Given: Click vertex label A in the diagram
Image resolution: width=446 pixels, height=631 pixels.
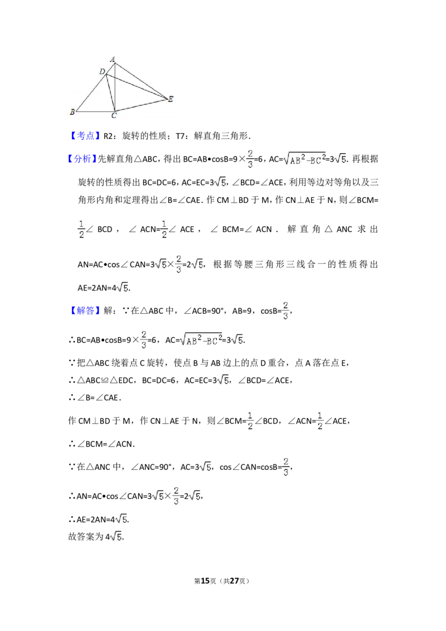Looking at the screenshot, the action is pos(113,59).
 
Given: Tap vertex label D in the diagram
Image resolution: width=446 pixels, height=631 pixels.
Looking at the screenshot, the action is pos(102,71).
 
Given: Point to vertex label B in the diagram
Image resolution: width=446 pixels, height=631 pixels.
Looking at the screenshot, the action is pos(72,112).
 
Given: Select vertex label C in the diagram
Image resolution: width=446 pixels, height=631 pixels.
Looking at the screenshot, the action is pos(114,116).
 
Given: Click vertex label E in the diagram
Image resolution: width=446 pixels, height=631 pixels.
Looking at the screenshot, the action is pos(171,99).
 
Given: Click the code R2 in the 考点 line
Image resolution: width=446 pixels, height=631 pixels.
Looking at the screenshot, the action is pos(108,136).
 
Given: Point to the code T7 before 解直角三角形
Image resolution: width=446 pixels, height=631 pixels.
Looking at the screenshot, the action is pos(181,136).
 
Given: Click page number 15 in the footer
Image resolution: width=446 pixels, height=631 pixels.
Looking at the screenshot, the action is pos(205,581).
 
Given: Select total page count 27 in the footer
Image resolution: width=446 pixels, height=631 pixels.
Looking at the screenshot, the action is pos(234,581).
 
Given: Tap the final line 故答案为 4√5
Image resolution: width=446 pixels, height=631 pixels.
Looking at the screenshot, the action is pos(96,536).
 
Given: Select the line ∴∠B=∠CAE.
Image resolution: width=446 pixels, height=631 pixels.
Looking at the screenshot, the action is pos(95,397).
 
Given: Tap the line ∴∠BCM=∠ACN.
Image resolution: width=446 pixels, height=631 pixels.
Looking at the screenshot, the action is pos(101,444).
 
